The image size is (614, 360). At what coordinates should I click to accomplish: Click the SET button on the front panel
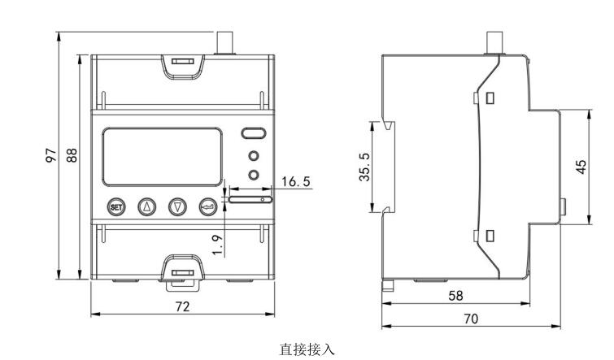[117, 206]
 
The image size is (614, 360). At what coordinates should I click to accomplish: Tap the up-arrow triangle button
[147, 206]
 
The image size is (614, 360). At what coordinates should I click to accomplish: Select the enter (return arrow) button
[208, 206]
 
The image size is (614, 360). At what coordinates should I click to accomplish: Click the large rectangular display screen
[161, 156]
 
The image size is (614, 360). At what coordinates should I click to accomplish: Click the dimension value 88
[71, 154]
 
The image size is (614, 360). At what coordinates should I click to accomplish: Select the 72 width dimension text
[182, 306]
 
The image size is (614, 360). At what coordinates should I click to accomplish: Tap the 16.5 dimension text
[295, 182]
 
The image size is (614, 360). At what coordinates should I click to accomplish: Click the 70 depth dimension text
[471, 319]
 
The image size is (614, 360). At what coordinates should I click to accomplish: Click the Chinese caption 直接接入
[307, 349]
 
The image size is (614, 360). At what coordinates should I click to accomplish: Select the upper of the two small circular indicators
[254, 156]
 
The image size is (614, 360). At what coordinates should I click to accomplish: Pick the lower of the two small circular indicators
[254, 174]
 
